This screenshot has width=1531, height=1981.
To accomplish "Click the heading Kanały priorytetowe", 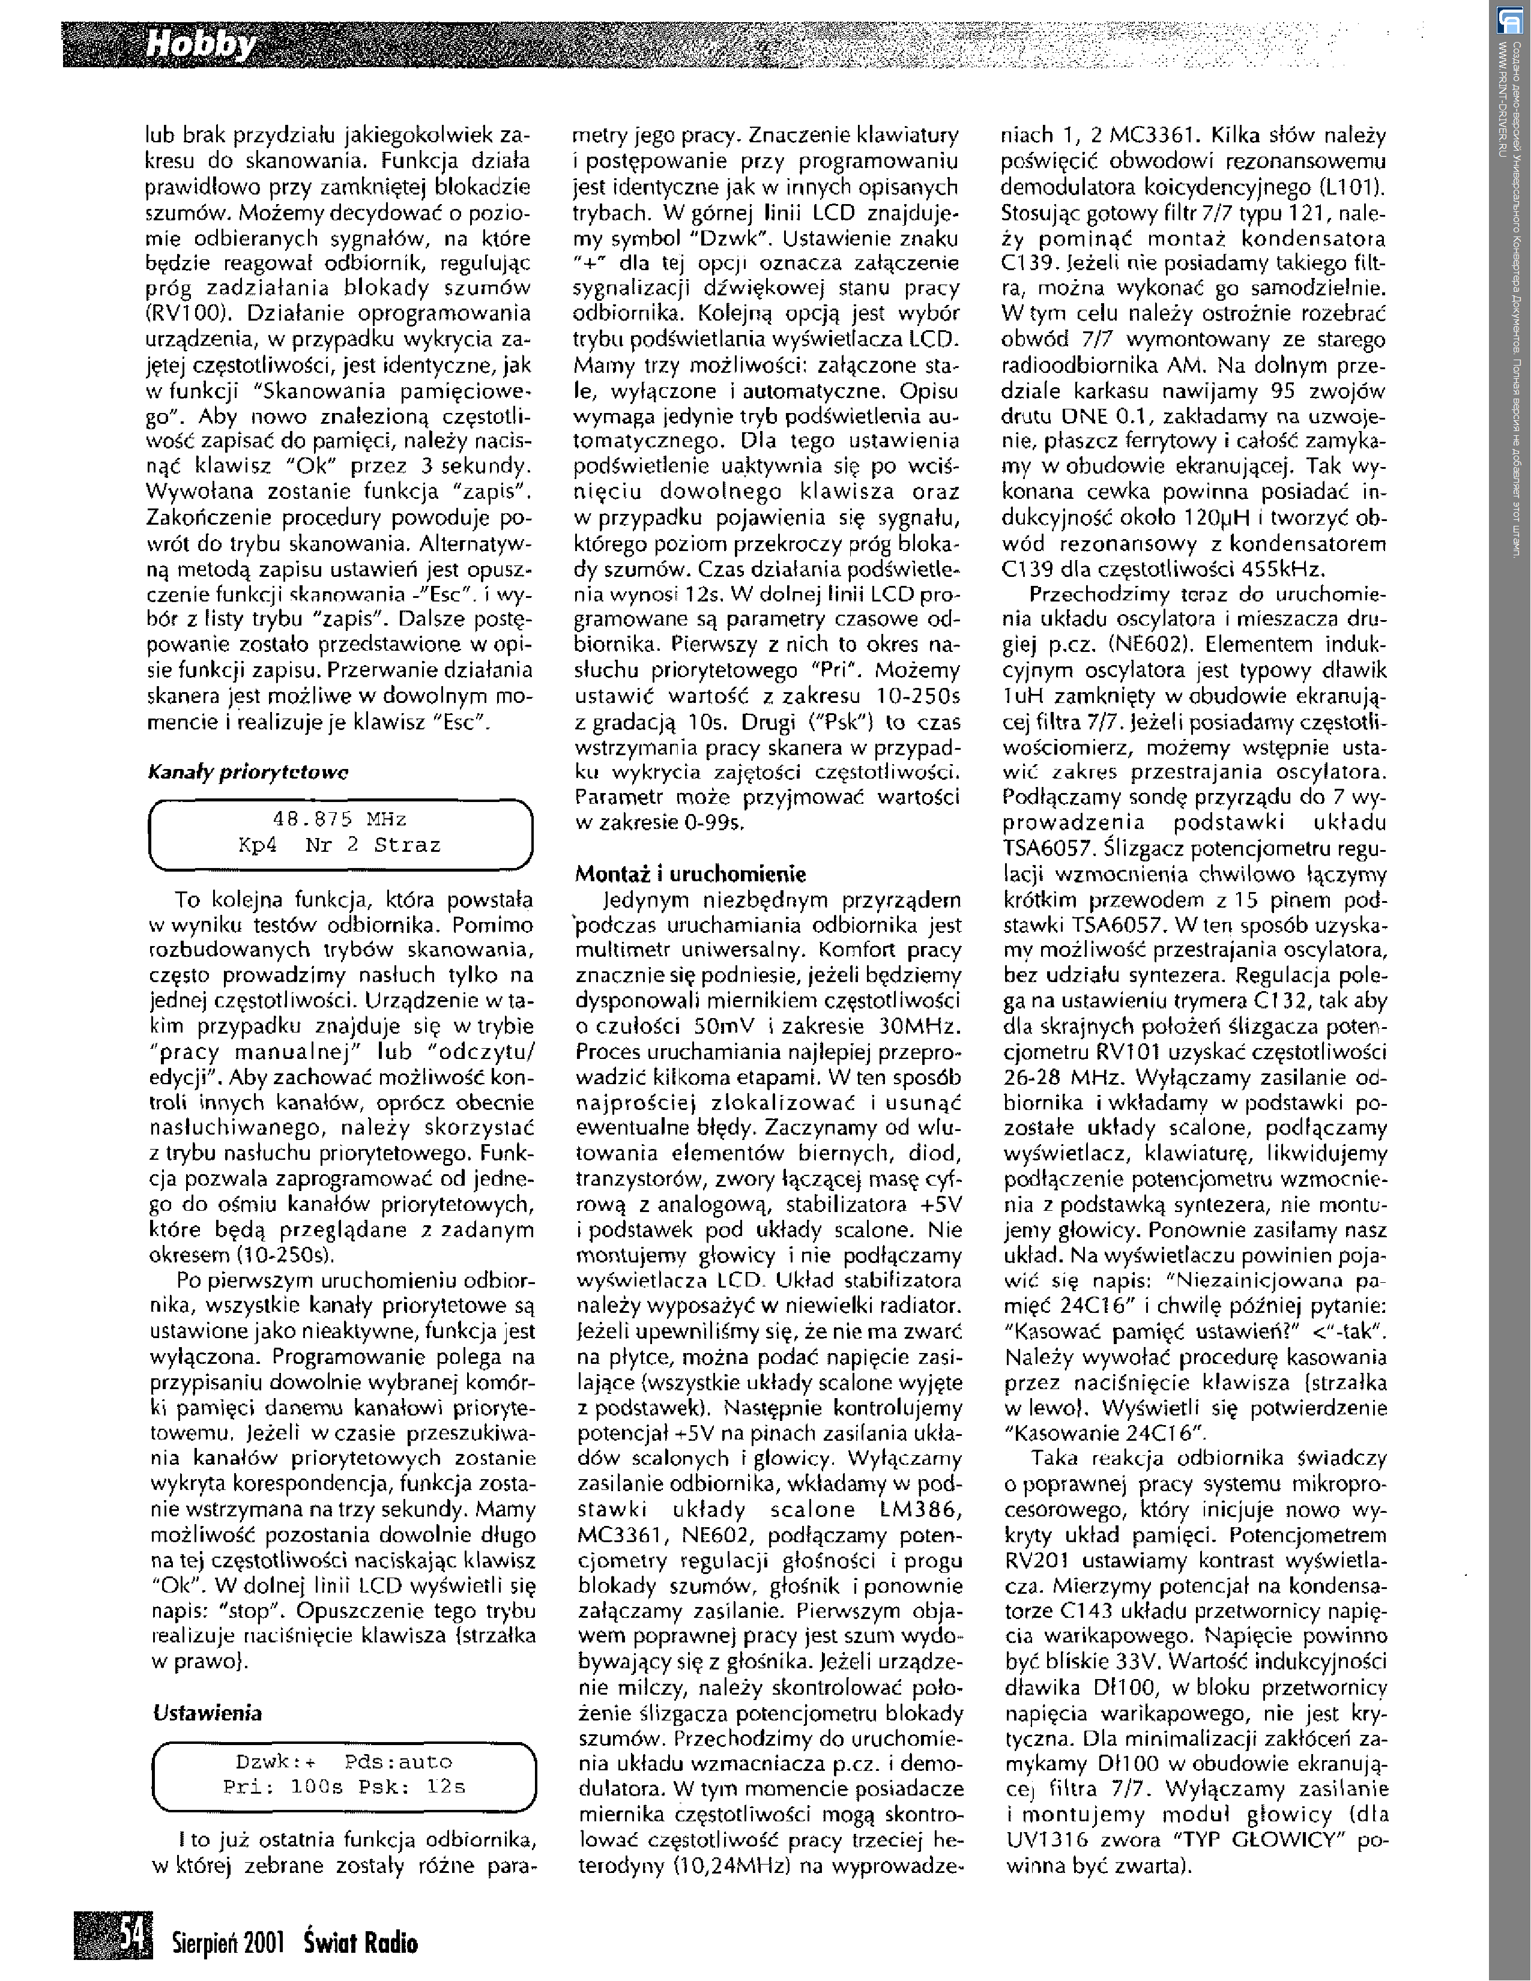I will [247, 772].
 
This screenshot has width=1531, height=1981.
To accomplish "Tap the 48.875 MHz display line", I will [339, 819].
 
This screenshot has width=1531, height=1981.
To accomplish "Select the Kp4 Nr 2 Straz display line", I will [339, 845].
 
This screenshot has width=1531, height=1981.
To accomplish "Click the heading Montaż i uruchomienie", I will [690, 875].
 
